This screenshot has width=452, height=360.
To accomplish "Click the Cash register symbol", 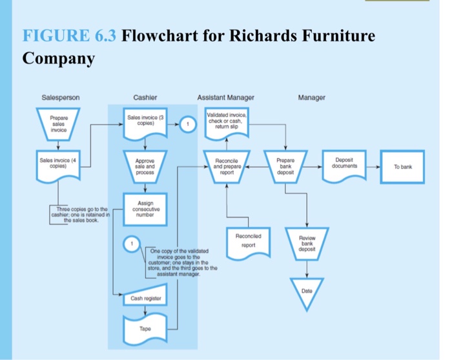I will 145,298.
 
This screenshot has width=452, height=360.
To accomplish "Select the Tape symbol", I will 145,329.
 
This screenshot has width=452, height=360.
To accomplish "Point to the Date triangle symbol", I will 307,291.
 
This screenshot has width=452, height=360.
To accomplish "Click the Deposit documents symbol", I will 350,165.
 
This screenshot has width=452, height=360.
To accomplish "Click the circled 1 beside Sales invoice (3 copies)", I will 187,125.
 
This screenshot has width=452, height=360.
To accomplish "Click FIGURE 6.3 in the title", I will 69,36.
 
